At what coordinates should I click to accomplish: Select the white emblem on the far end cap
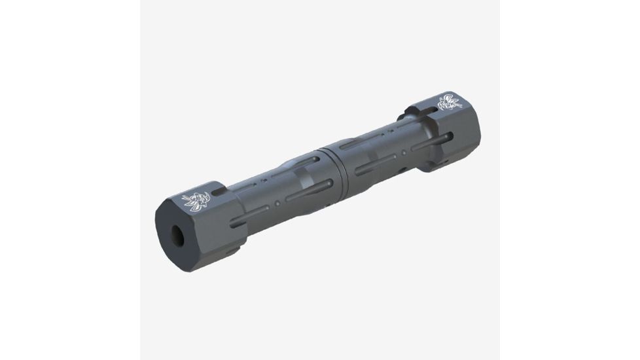[x=450, y=102]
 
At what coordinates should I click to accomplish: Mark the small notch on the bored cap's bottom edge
[x=234, y=250]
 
